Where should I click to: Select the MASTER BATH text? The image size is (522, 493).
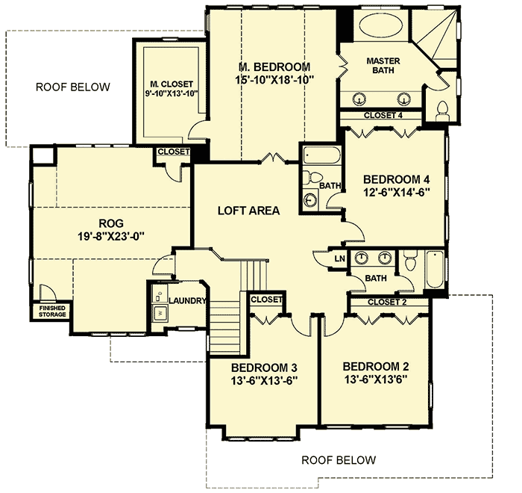(385, 65)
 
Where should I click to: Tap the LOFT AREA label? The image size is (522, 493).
(248, 211)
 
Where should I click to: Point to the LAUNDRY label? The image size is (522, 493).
(187, 300)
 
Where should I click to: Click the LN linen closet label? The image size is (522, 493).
(339, 258)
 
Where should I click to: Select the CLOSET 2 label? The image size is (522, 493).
(387, 303)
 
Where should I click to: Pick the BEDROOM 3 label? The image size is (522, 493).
(263, 368)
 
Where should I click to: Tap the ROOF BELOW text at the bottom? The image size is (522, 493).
(339, 459)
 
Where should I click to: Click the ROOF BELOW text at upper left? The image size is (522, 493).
(73, 87)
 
